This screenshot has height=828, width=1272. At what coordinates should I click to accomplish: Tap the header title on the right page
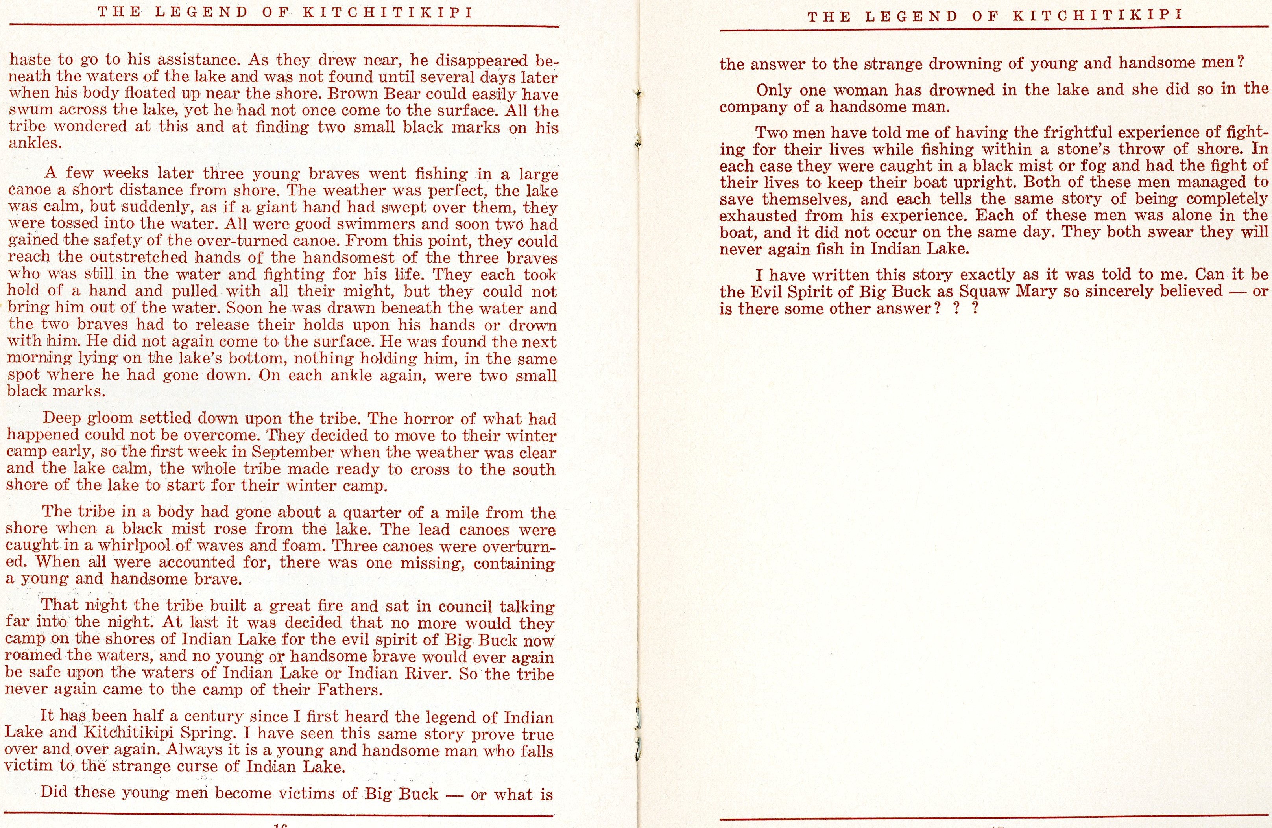click(995, 16)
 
